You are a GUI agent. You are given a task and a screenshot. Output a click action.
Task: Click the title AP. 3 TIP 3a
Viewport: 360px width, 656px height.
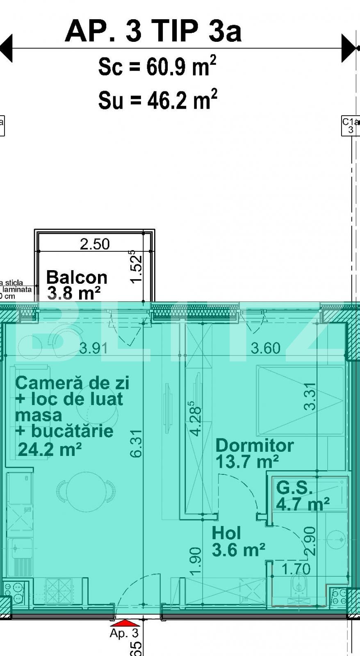[x=153, y=32]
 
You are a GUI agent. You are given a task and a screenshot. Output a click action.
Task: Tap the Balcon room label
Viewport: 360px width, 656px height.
[x=77, y=278]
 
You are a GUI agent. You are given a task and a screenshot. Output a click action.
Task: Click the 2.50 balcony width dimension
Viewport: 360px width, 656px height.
[x=95, y=244]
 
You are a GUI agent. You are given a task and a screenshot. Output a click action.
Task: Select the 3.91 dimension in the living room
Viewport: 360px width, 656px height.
[x=94, y=348]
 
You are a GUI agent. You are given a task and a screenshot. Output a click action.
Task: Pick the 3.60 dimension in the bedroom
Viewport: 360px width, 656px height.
[x=265, y=348]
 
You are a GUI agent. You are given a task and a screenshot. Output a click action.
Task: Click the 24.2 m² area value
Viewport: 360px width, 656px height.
[x=50, y=449]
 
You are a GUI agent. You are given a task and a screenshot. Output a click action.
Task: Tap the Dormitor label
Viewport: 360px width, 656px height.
[x=254, y=445]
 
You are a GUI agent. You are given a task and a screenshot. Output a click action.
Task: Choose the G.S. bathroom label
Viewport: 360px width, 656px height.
[x=294, y=487]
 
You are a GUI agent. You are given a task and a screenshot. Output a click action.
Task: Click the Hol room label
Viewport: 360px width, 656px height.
[x=226, y=533]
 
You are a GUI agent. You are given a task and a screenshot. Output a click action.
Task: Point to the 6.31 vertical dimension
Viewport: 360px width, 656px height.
[x=136, y=443]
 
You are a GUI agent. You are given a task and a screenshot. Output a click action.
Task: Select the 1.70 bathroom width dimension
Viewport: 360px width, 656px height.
[x=296, y=569]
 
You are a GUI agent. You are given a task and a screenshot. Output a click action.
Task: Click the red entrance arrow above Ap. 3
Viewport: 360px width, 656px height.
[x=125, y=623]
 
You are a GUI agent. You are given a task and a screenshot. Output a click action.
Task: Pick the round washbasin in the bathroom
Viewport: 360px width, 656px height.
[x=336, y=538]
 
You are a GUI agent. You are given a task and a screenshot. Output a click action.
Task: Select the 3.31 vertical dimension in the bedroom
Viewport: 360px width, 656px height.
[x=310, y=396]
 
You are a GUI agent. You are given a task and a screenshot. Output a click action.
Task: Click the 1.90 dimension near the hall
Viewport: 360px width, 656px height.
[x=196, y=560]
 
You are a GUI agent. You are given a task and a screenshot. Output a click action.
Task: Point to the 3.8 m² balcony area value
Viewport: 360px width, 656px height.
[x=74, y=293]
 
